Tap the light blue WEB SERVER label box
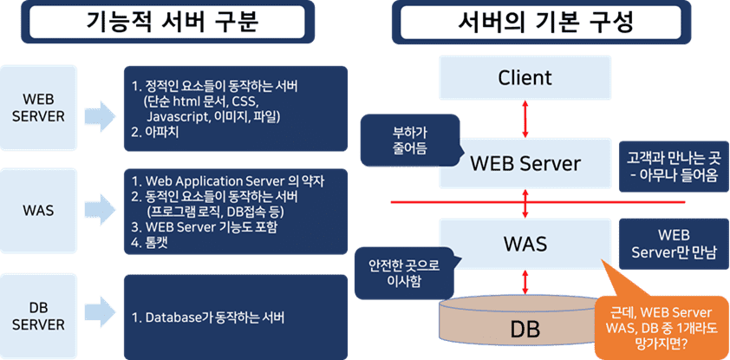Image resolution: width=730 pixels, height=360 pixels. (39, 108)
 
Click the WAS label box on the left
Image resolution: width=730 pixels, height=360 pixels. (39, 211)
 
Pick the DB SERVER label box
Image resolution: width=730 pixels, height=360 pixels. (39, 317)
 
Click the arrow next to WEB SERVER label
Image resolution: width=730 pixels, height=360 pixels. (100, 115)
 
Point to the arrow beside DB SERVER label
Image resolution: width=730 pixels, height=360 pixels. (100, 317)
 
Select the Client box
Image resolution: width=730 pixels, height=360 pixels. (525, 77)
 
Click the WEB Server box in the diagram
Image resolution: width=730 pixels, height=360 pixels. (525, 163)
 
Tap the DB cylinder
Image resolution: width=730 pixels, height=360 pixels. (525, 325)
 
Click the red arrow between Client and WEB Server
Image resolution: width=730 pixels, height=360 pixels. (525, 118)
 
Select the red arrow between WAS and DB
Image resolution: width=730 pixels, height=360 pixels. (525, 282)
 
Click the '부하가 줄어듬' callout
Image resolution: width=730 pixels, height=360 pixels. (410, 141)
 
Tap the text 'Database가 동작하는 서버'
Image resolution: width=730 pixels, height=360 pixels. (208, 318)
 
